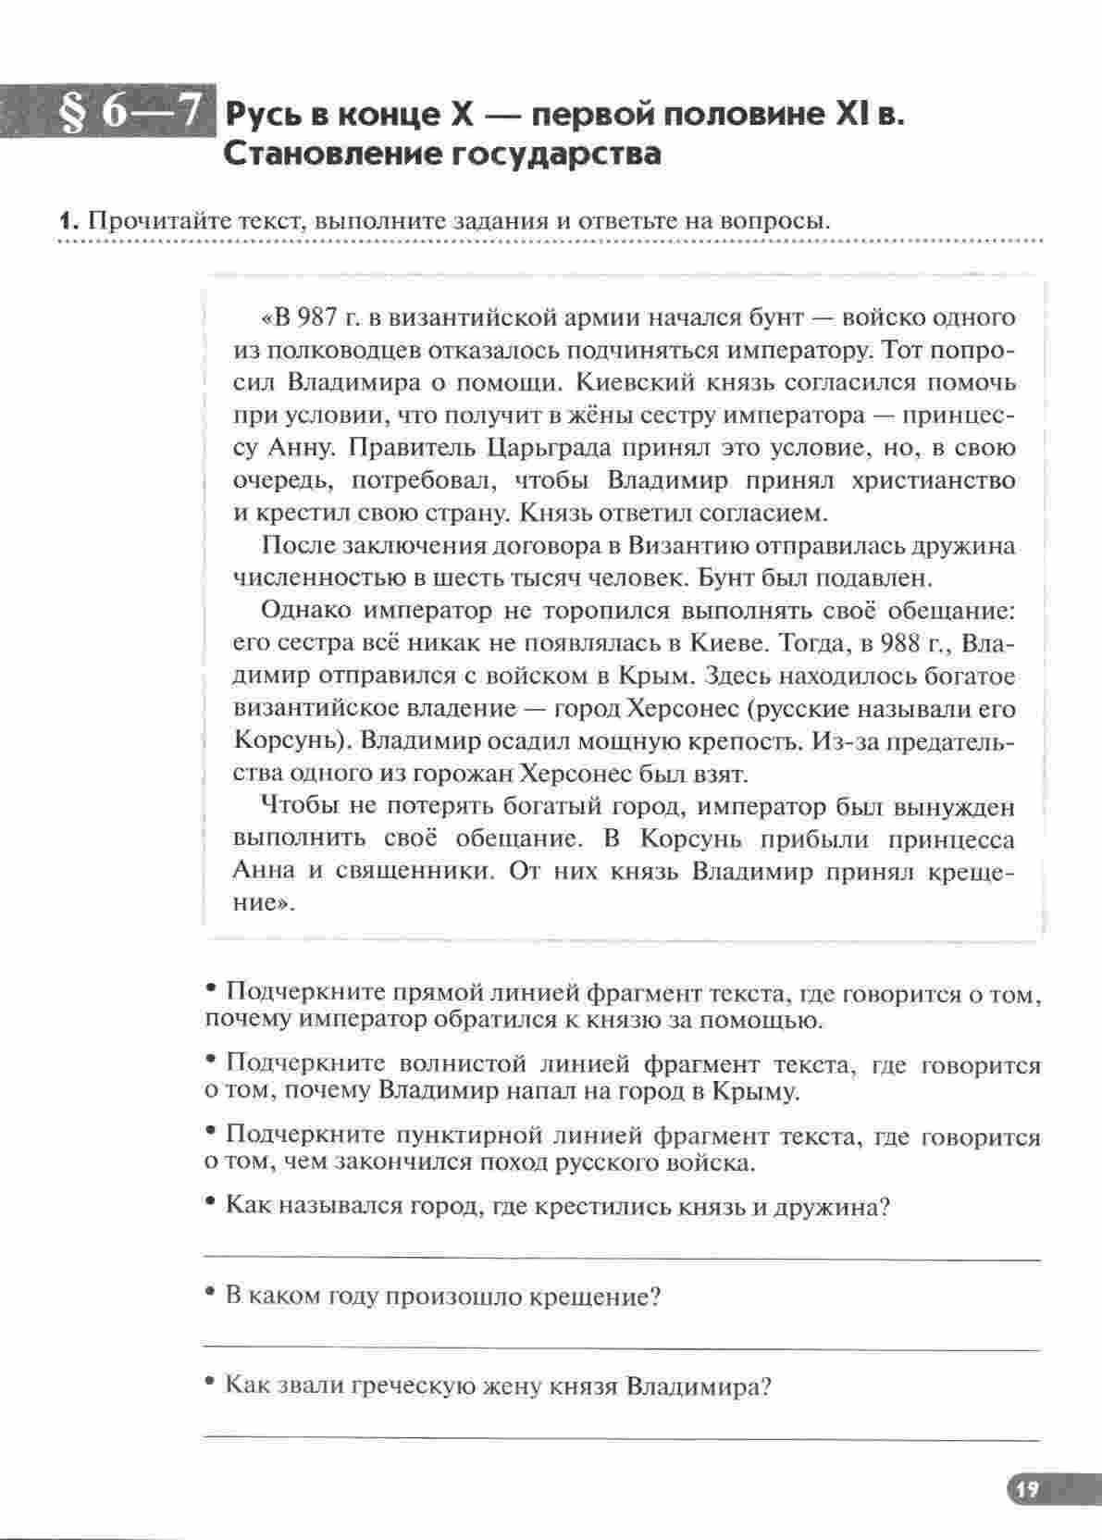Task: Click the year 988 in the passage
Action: pos(900,643)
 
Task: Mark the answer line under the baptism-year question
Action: pos(620,1349)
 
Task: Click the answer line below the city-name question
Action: pos(620,1259)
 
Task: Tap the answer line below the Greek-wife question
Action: pos(620,1439)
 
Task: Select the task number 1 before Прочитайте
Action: pos(65,222)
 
